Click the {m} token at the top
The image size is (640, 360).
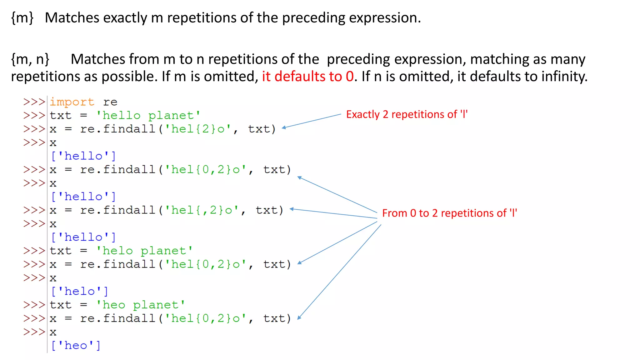[x=22, y=18]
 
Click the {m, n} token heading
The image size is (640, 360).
[x=30, y=59]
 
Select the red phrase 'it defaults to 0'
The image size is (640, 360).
[x=307, y=77]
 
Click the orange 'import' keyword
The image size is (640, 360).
[x=72, y=102]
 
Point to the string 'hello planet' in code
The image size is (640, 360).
[x=148, y=116]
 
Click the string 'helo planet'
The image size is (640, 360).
[x=144, y=251]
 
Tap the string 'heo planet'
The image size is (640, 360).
[x=140, y=305]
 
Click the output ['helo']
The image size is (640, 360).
[x=79, y=292]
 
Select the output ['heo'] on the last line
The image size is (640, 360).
[x=76, y=346]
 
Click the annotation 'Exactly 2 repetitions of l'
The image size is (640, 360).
[x=407, y=114]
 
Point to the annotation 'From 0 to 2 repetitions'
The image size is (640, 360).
[x=449, y=213]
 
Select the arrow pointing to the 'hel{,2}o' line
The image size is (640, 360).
[x=333, y=214]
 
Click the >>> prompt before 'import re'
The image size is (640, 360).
[x=34, y=102]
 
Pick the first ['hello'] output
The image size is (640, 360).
[x=83, y=156]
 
